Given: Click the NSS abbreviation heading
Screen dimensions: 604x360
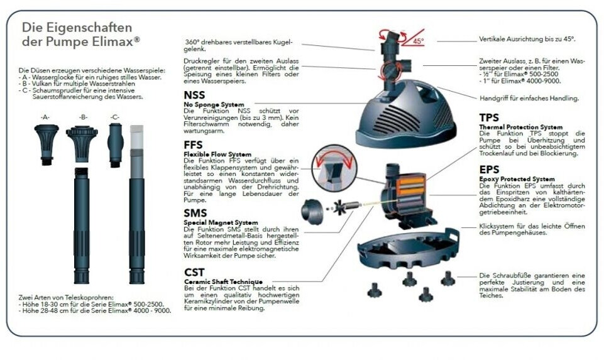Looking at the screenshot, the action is pos(194,95).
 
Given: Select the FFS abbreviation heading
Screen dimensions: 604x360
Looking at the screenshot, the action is pos(193,145).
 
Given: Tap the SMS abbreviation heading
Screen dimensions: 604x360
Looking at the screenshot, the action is pos(195,213).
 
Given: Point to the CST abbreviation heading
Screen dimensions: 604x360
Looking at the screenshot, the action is pos(194,272).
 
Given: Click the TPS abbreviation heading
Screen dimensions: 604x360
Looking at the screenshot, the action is pos(489,117).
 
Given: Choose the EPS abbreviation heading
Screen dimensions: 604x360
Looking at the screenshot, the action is pos(489,170).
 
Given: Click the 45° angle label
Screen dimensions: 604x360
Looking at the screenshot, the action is pos(418,41).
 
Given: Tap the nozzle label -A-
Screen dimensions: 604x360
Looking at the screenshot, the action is pos(45,117).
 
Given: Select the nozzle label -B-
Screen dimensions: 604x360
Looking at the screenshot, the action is pos(83,117).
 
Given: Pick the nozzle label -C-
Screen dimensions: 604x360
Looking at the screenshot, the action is pos(115,117).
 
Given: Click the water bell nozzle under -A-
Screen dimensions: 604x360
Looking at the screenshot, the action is pos(47,145).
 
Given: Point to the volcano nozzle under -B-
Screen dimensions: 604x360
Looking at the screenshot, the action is pos(82,144).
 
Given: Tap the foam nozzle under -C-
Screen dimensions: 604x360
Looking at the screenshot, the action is pos(115,145).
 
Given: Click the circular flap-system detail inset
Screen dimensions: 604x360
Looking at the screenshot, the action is pos(334,168).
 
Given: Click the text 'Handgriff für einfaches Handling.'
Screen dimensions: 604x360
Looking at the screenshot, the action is pos(529,98).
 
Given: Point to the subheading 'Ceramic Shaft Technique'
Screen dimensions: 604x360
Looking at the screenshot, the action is pos(223,281).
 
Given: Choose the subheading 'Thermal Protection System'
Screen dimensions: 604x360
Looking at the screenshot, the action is pos(521,127).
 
